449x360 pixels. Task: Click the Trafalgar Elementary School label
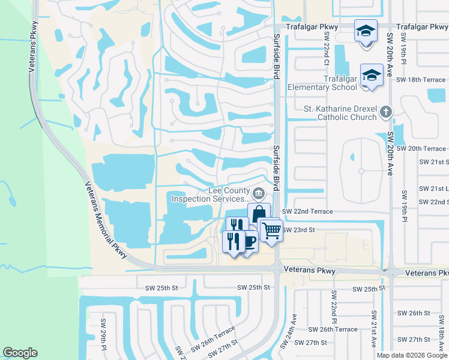click(322, 83)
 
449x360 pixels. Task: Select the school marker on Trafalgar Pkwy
click(365, 31)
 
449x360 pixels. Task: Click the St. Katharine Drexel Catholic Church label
click(343, 113)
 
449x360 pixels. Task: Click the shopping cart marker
click(271, 230)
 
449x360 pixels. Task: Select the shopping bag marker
click(259, 214)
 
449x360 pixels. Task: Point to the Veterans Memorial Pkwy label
click(105, 220)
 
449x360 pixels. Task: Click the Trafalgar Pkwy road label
click(312, 27)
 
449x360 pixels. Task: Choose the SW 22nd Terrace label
click(307, 212)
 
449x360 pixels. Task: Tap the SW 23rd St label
click(299, 230)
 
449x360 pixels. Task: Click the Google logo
click(20, 353)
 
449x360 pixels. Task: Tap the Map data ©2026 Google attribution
click(412, 355)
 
